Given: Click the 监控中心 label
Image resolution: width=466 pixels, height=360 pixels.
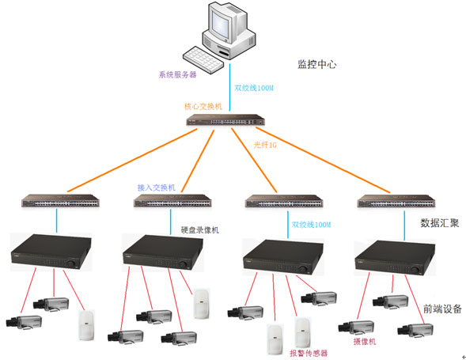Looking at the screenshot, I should [316, 64].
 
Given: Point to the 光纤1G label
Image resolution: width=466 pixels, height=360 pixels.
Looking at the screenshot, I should [266, 145].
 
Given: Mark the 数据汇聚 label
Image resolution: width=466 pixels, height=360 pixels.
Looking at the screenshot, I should [439, 222].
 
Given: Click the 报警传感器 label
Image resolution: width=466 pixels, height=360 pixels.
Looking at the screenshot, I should [308, 352].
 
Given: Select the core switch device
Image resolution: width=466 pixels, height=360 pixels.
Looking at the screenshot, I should [225, 121].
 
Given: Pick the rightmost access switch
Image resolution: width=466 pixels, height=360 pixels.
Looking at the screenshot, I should [392, 201].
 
